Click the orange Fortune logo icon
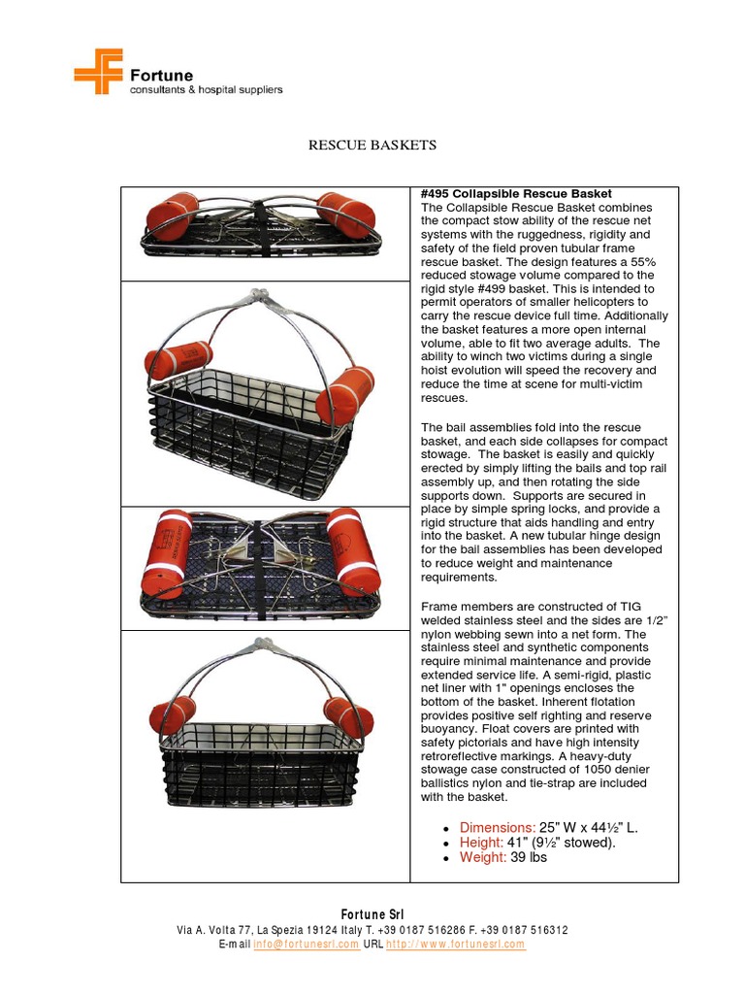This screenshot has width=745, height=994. click(x=98, y=71)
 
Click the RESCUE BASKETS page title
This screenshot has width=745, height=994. click(x=372, y=146)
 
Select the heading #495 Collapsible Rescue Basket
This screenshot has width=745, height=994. click(x=516, y=194)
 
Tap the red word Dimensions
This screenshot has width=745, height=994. click(x=498, y=827)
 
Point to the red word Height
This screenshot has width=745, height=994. click(x=482, y=843)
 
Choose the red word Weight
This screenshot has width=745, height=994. click(x=483, y=858)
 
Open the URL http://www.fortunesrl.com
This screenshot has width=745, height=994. click(x=455, y=944)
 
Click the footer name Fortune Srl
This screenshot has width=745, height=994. click(x=372, y=914)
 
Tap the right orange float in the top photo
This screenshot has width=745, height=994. click(x=346, y=216)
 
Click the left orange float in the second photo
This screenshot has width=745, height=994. click(x=178, y=360)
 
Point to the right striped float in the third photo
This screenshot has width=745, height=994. click(x=353, y=561)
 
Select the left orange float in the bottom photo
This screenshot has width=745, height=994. click(x=172, y=713)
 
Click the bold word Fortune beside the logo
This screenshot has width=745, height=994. click(x=162, y=75)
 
